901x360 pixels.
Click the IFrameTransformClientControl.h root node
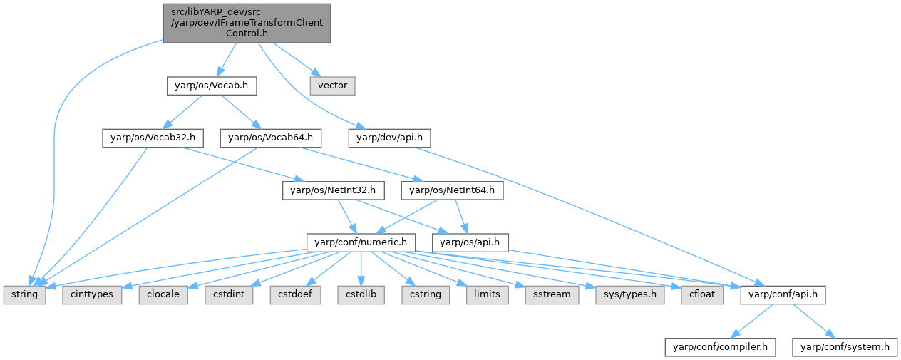[x=247, y=21]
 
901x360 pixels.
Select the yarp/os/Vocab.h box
[x=211, y=86]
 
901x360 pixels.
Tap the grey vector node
[x=332, y=86]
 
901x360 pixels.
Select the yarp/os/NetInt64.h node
[x=453, y=190]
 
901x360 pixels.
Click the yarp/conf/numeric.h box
[x=361, y=242]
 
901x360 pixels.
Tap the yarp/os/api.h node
[x=473, y=242]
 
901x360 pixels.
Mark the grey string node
[x=24, y=294]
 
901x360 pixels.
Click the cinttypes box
[x=92, y=294]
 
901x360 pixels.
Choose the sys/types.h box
[x=626, y=294]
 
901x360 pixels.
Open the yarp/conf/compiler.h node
[x=721, y=347]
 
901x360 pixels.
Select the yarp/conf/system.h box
[x=845, y=347]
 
